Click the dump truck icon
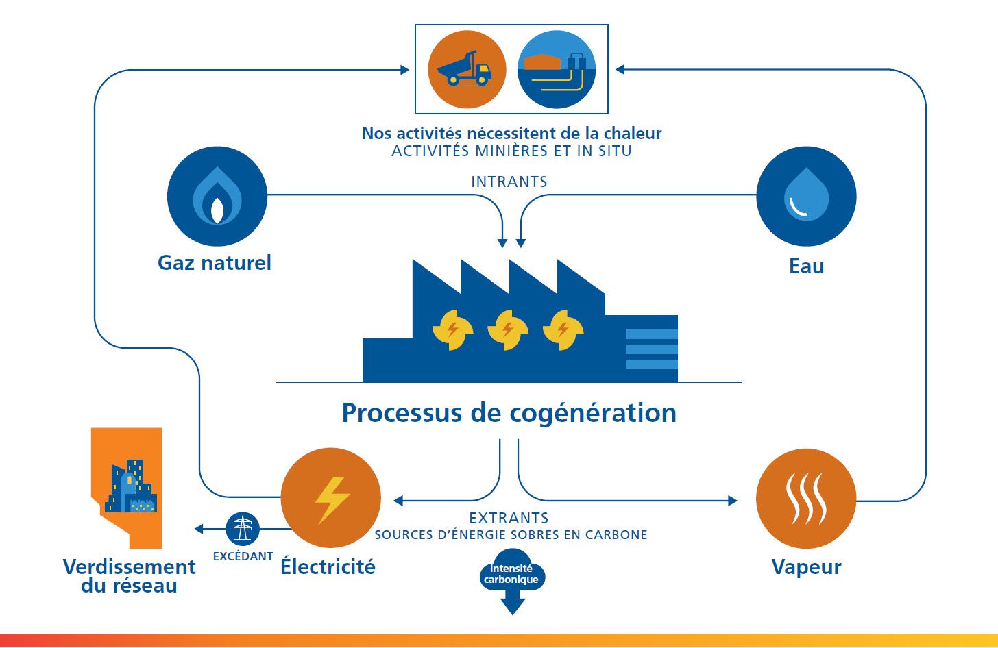click(467, 69)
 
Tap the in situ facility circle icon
click(556, 69)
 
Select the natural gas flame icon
click(217, 197)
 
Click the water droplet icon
click(806, 197)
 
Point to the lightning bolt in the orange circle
click(331, 499)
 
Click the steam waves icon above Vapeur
click(806, 499)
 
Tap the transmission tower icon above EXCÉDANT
click(243, 529)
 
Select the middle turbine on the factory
click(507, 329)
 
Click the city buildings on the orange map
click(131, 488)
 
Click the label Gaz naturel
click(215, 263)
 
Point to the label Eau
click(806, 266)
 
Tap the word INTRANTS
click(509, 182)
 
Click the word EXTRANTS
click(509, 518)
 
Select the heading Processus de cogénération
click(509, 413)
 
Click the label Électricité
click(328, 567)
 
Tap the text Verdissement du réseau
click(129, 576)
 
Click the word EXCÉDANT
click(243, 557)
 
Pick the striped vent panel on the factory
click(651, 349)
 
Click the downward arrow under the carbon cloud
click(513, 606)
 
